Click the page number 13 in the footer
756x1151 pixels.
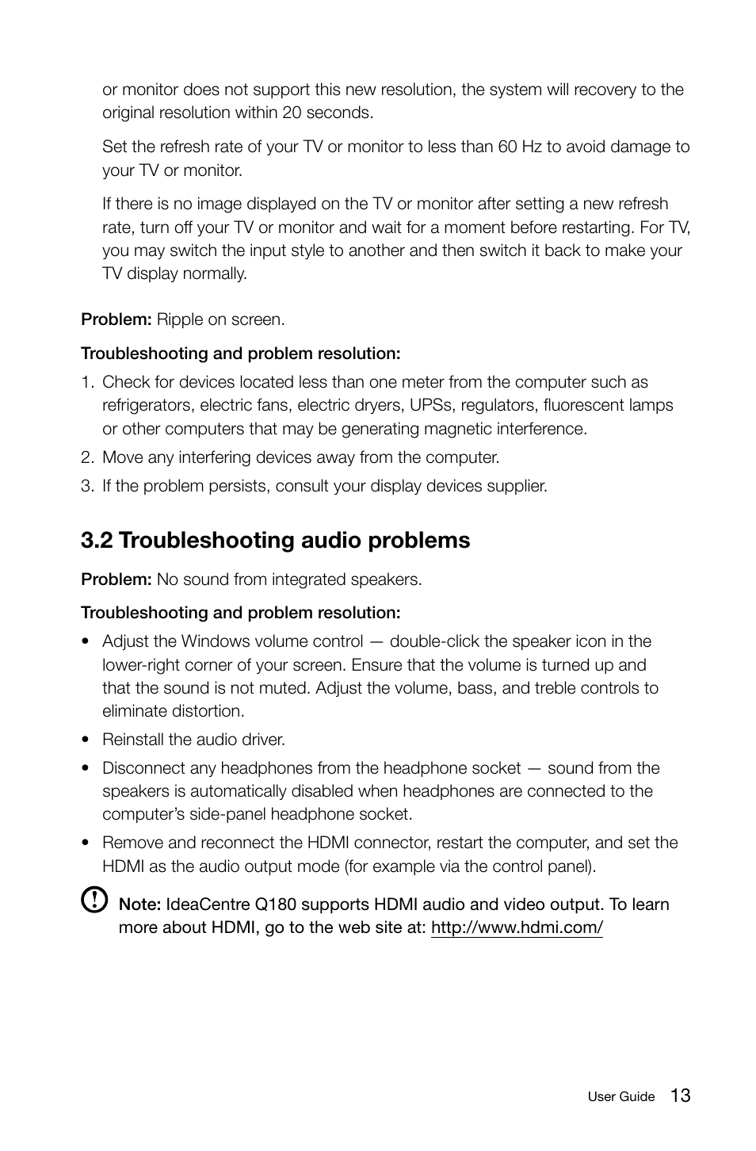(679, 1096)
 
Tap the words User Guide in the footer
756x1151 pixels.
(620, 1097)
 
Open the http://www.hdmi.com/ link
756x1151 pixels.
(517, 927)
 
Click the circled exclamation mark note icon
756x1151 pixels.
(94, 900)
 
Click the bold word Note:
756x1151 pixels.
(139, 904)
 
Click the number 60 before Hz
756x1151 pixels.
(507, 147)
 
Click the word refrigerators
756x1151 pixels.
(147, 405)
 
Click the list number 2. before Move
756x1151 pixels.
(87, 457)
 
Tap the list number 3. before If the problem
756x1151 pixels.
(87, 486)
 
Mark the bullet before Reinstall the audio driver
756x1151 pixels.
(84, 740)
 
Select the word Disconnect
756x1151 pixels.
(140, 768)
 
